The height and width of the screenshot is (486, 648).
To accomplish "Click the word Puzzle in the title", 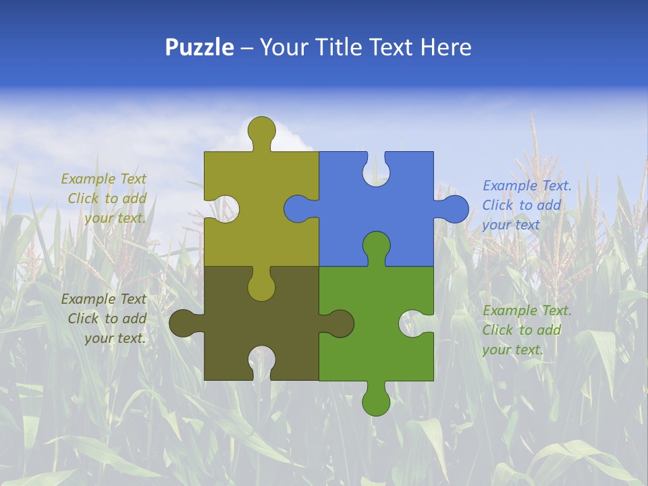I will [x=199, y=47].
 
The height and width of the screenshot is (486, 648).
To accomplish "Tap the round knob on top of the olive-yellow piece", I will [x=261, y=129].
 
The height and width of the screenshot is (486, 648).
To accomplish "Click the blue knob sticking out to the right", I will [x=455, y=209].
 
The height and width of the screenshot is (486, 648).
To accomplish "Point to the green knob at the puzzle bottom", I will [x=376, y=402].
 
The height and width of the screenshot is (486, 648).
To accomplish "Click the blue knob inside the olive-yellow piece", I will [x=297, y=209].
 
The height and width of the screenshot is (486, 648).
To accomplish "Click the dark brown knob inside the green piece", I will [x=340, y=323].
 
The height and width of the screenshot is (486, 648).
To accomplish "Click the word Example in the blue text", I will [x=506, y=186].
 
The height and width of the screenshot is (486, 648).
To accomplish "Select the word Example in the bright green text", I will [x=506, y=310].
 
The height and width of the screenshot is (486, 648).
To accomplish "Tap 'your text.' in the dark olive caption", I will [x=115, y=338].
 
